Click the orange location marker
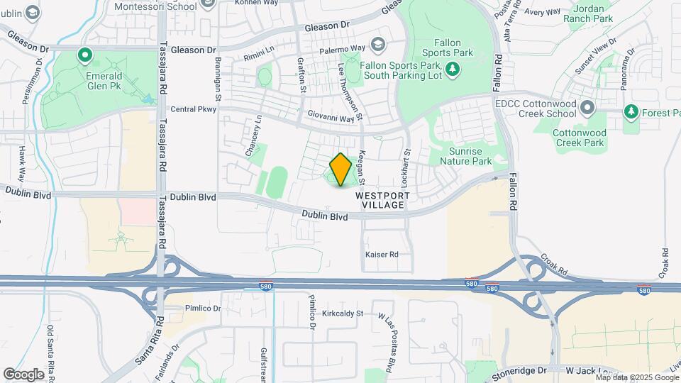pos(340,170)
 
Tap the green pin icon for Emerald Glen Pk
pos(84,55)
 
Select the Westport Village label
pos(380,199)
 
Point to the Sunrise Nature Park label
pos(470,156)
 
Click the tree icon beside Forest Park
pos(631,112)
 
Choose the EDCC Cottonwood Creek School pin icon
pos(586,108)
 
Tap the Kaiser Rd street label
pos(382,254)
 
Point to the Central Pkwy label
pos(193,109)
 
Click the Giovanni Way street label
pos(330,116)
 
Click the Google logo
pos(23,374)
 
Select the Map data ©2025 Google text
pos(636,378)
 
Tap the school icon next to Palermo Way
pos(377,46)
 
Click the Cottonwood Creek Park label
pos(580,137)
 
